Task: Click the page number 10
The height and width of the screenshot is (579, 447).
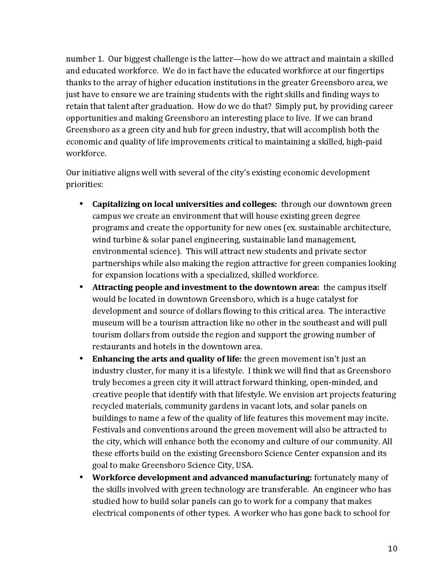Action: coord(392,549)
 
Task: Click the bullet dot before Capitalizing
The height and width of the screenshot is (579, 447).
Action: coord(81,204)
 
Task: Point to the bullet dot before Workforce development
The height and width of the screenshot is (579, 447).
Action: coord(81,477)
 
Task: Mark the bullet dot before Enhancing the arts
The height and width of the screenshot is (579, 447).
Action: coord(81,359)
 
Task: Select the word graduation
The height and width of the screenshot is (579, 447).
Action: coord(169,107)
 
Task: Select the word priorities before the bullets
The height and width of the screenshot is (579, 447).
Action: coord(84,185)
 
